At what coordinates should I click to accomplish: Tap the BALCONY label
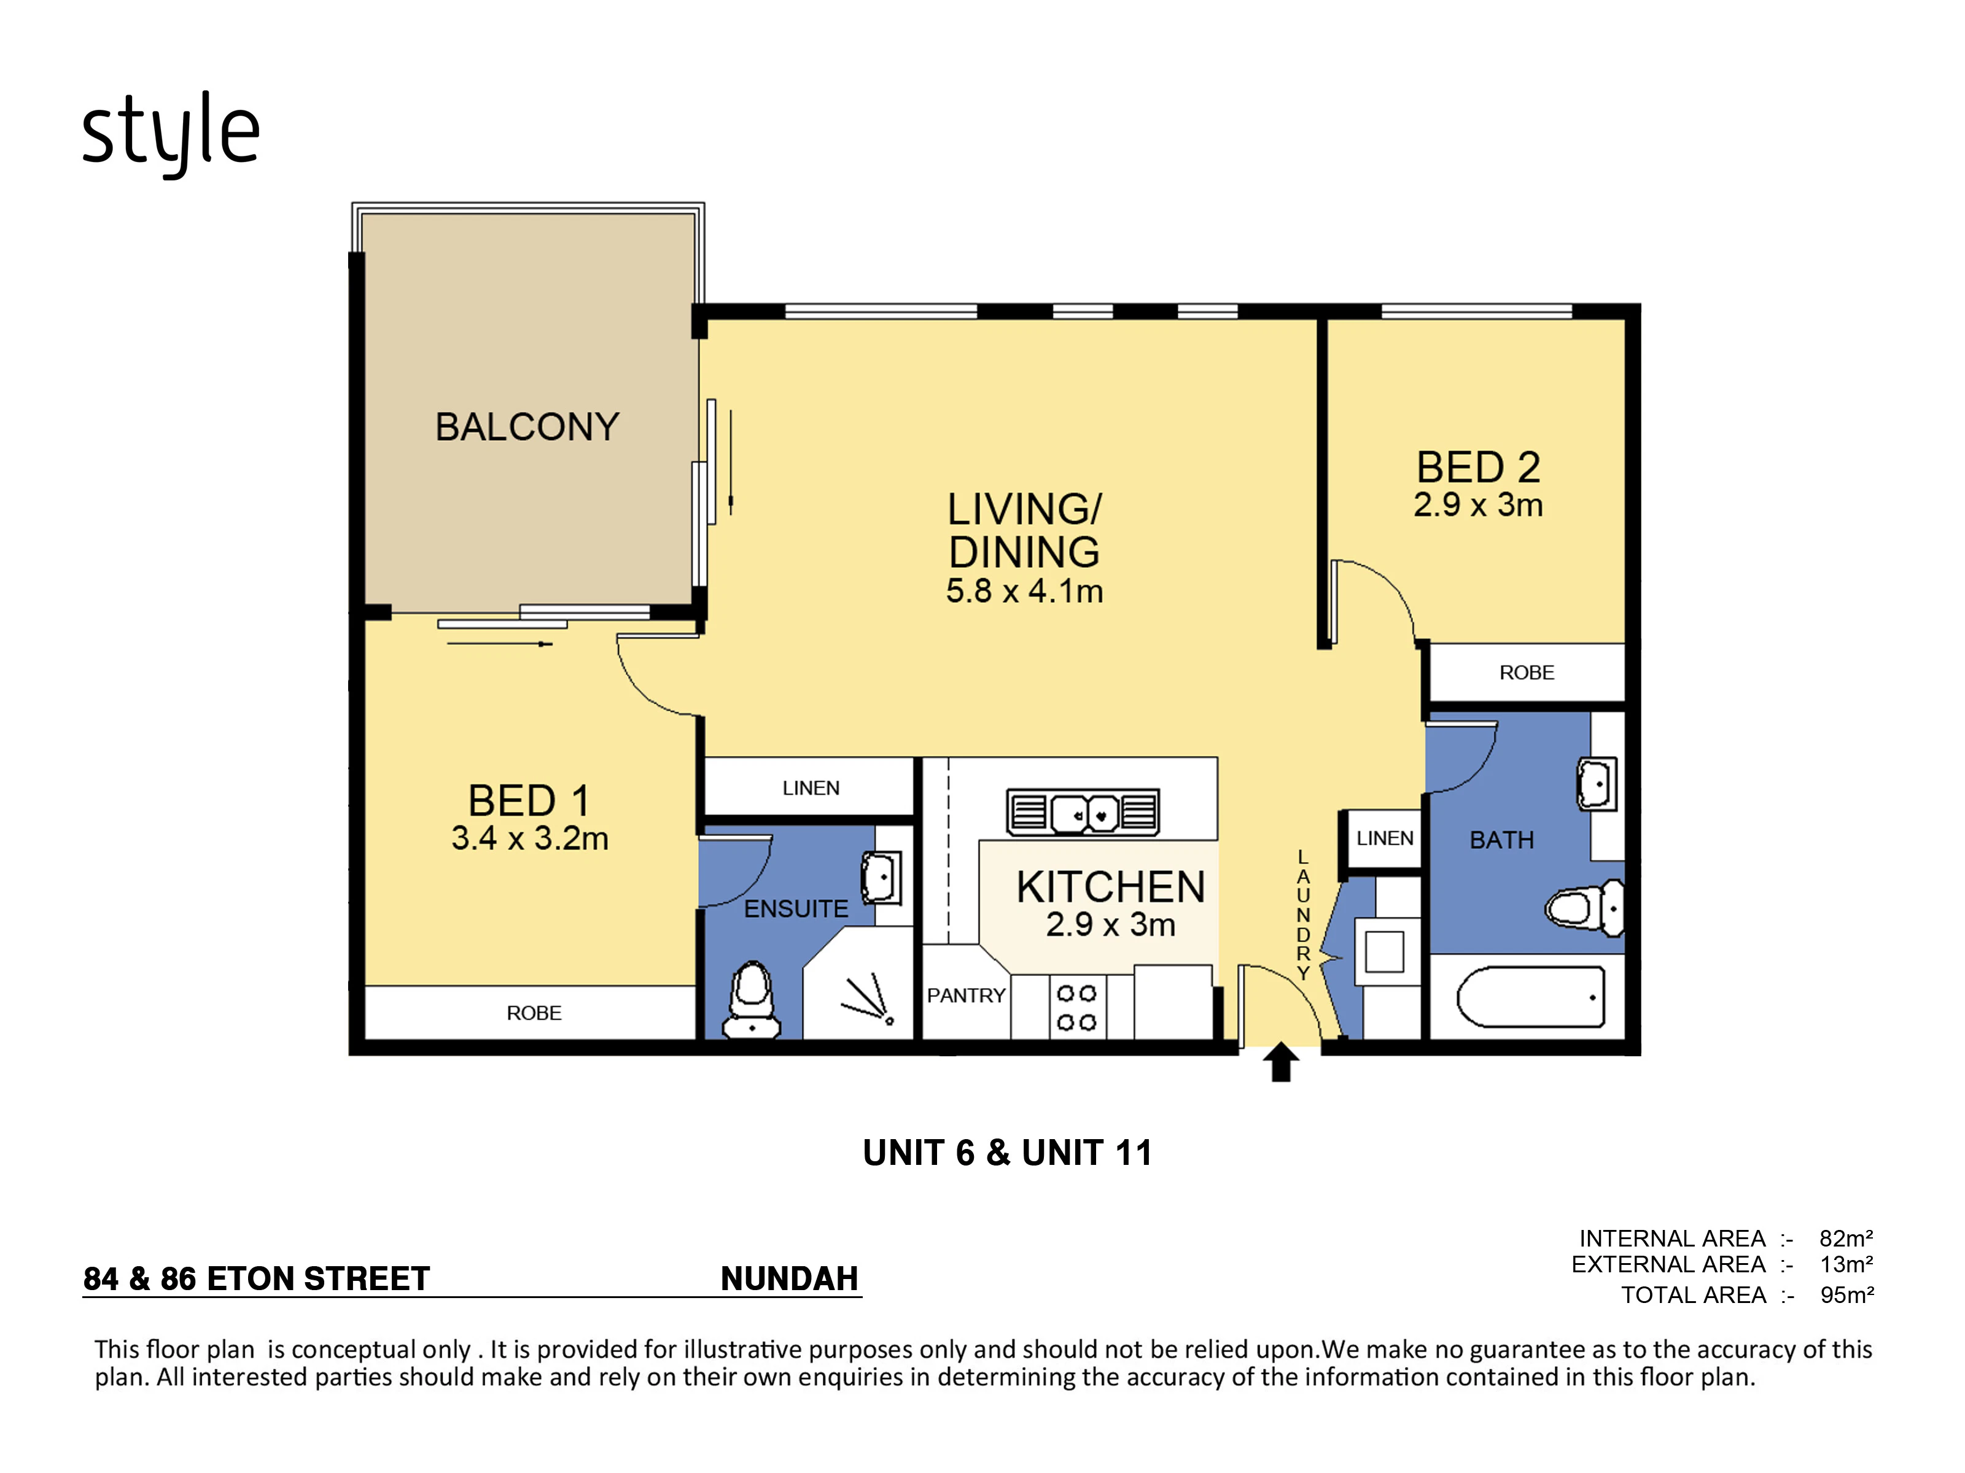[527, 427]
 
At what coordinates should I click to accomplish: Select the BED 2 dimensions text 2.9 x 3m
[1478, 505]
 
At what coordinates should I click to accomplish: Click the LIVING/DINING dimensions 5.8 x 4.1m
[1024, 591]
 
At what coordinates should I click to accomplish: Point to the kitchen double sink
[1083, 811]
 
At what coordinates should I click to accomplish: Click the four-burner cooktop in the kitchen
[1076, 1008]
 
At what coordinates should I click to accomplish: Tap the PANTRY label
[966, 996]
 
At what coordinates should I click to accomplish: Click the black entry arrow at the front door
[1280, 1062]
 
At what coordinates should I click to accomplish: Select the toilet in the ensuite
[752, 1000]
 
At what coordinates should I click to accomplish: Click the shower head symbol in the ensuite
[867, 998]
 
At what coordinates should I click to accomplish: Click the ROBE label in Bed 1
[534, 1013]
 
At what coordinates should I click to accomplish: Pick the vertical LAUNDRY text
[1303, 914]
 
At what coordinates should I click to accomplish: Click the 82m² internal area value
[1846, 1239]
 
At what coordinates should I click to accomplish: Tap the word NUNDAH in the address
[790, 1278]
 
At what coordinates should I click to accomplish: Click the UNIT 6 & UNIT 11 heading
[1008, 1153]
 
